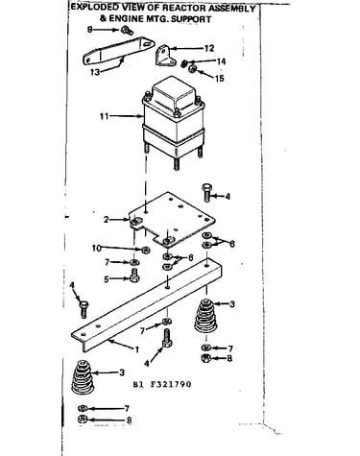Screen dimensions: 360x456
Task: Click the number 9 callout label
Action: [90, 30]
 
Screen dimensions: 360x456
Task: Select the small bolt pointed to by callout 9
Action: [127, 31]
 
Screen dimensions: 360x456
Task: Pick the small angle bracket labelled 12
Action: [165, 56]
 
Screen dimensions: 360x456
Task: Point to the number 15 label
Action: [219, 79]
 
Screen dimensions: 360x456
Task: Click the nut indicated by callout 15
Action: [192, 68]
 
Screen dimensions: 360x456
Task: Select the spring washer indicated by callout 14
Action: [184, 63]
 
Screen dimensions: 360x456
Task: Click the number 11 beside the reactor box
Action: [104, 116]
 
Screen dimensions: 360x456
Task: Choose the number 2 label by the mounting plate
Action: [107, 220]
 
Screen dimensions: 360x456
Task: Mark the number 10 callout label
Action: [96, 248]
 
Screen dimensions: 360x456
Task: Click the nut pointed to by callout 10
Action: [146, 250]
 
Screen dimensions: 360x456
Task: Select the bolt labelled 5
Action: [134, 276]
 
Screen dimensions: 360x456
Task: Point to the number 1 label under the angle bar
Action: [137, 349]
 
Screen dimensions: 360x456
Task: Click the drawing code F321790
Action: [171, 384]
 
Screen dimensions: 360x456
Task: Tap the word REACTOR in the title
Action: [184, 8]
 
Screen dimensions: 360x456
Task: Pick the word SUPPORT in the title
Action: [191, 19]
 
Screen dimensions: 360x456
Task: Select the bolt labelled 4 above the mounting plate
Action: [206, 193]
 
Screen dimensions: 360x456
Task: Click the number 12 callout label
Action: [208, 49]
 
